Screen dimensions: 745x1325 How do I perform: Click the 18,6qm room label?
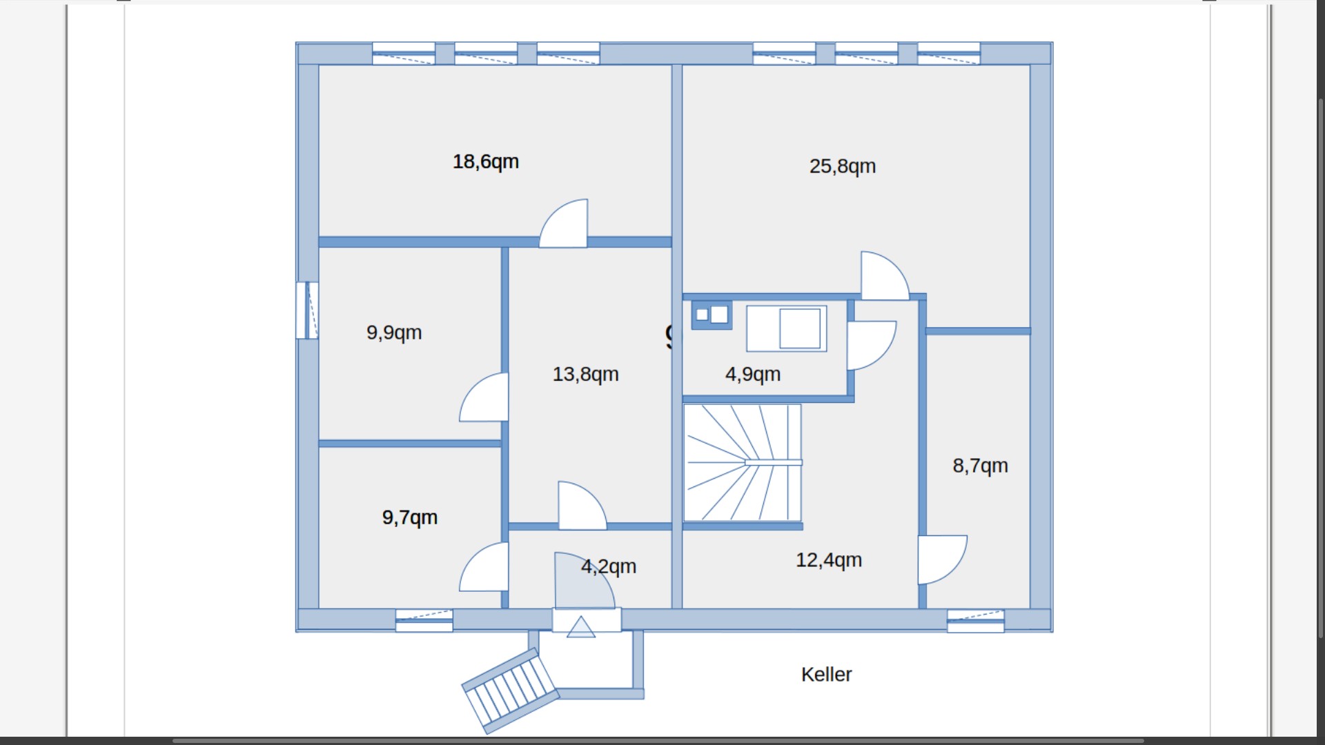coord(485,161)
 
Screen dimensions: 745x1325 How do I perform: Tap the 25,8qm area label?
coord(842,166)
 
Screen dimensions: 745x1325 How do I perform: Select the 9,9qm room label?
coord(393,332)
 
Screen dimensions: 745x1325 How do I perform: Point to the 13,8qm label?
coord(585,374)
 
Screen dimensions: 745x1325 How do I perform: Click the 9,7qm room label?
coord(409,517)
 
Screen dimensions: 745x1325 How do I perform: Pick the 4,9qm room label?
coord(752,374)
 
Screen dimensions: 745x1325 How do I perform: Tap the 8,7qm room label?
coord(980,466)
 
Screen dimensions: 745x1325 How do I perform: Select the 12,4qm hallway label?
coord(828,559)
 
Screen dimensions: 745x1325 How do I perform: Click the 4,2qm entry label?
coord(609,566)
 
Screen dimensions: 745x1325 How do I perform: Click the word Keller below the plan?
coord(826,674)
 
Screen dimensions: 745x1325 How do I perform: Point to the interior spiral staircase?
coord(742,462)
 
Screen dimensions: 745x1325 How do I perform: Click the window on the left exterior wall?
coord(308,310)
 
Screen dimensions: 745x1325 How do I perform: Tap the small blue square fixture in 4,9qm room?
coord(711,315)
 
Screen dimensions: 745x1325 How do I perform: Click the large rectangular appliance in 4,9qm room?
coord(787,328)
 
